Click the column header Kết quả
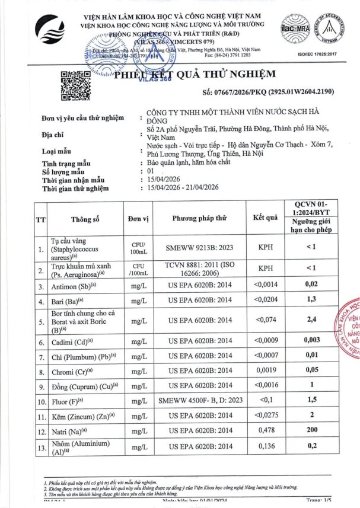(265, 218)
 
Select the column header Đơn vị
(138, 218)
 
